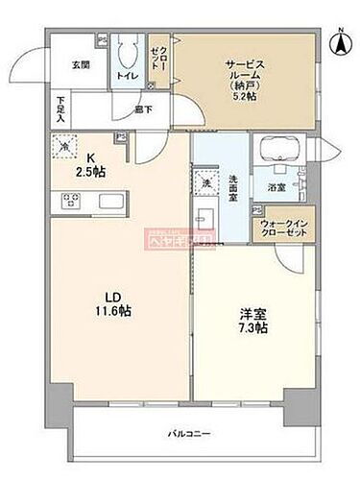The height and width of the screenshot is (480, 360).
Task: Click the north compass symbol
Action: click(339, 42)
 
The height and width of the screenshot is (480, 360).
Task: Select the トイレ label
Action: click(126, 74)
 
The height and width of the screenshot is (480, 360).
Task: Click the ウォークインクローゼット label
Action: click(280, 229)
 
